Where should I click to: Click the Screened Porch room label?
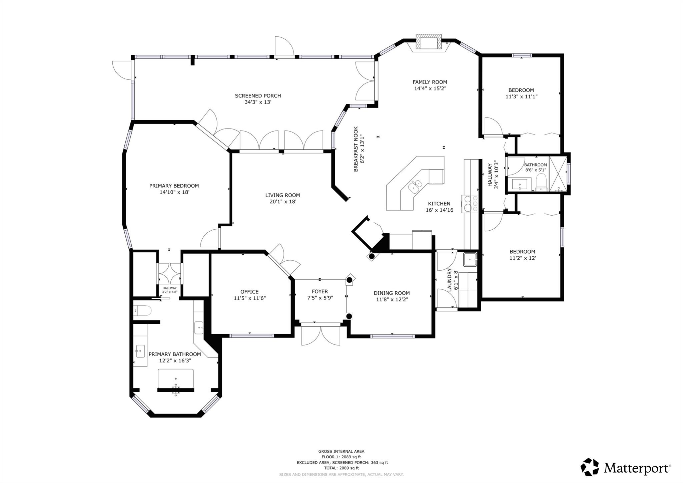[258, 96]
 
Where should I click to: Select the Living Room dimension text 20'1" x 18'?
[283, 202]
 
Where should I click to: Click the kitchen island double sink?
[415, 185]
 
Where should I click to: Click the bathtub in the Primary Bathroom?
[175, 379]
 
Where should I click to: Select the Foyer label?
[320, 291]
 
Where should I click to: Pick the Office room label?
[249, 292]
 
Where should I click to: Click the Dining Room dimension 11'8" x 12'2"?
[392, 299]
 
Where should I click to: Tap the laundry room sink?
[470, 259]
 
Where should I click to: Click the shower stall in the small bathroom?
[558, 174]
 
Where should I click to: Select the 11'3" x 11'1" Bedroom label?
[521, 90]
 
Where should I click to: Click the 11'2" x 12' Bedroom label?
[522, 252]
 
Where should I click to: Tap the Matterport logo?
[626, 468]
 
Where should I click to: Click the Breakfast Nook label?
[356, 149]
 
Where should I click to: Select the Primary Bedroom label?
[174, 186]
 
